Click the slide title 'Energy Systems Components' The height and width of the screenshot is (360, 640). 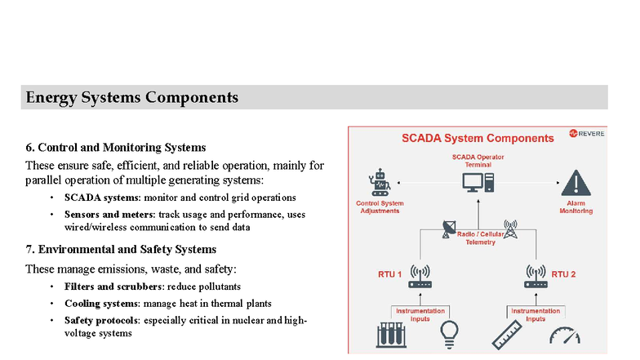pos(132,98)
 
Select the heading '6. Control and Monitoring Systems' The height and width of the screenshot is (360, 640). pos(115,148)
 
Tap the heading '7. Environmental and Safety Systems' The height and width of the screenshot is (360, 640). pos(121,249)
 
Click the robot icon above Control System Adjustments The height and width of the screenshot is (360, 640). pos(378,182)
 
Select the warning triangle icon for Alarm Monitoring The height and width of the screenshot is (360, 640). pos(576,182)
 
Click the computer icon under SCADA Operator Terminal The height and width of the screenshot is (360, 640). pos(478,181)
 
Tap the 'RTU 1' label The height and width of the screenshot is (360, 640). pos(389,274)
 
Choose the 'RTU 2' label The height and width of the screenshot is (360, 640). pos(563,274)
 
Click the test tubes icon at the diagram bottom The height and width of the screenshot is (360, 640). pos(390,336)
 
